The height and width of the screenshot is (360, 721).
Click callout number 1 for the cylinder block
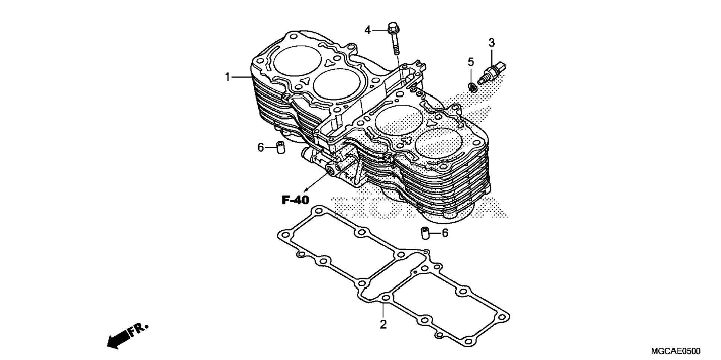click(x=227, y=77)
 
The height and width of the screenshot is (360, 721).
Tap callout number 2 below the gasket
click(x=383, y=324)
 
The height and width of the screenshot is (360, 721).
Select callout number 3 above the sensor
click(x=491, y=43)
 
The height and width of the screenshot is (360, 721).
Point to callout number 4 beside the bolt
click(x=368, y=30)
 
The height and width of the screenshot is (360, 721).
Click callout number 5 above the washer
click(x=471, y=61)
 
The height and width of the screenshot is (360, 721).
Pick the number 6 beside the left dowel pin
click(x=261, y=148)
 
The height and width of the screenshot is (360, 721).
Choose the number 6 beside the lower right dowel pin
click(x=445, y=233)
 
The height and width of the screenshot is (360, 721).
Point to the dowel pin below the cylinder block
click(x=425, y=233)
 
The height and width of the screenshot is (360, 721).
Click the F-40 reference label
click(x=295, y=200)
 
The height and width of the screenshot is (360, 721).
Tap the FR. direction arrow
click(x=127, y=336)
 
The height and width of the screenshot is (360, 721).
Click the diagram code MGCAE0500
click(x=676, y=351)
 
